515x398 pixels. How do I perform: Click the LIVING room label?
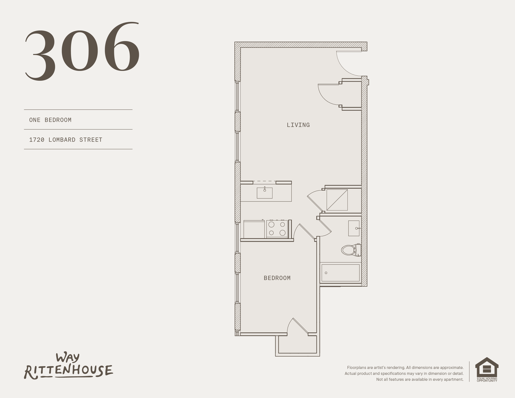298,125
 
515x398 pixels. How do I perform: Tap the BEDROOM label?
277,278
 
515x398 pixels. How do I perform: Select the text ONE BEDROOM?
50,120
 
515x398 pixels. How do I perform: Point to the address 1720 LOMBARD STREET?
66,140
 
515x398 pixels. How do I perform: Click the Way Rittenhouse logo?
69,366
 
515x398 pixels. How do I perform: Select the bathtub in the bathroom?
340,273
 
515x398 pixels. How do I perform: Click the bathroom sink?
354,228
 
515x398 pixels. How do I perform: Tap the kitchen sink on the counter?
264,193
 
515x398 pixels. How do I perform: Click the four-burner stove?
277,229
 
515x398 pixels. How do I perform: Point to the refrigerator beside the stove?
254,229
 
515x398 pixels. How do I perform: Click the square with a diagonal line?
337,200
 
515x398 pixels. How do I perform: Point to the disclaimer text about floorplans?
404,373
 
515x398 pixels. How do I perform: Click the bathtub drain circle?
326,273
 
